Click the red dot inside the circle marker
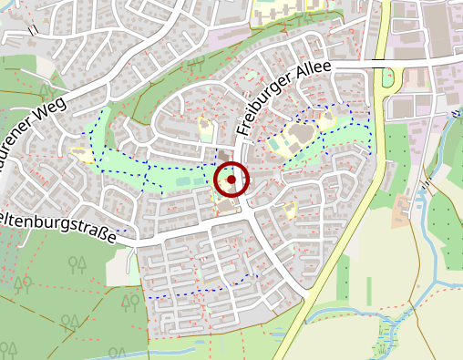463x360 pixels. (231, 180)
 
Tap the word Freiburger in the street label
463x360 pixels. (266, 108)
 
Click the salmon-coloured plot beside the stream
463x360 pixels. (401, 211)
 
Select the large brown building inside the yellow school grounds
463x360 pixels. (298, 136)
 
